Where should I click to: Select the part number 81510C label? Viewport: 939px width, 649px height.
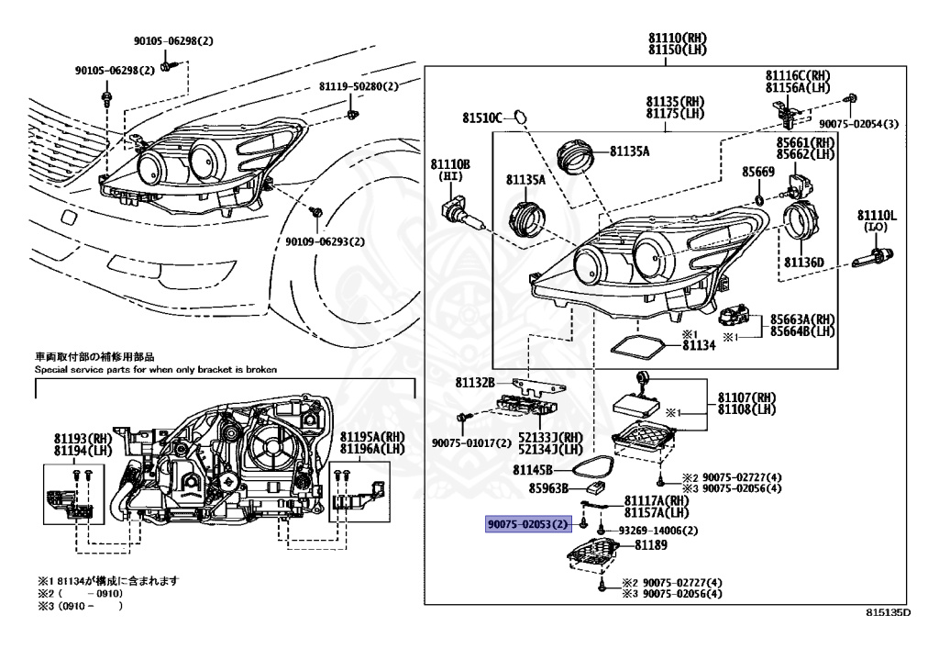pos(481,118)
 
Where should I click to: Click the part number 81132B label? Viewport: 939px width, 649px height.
pos(477,382)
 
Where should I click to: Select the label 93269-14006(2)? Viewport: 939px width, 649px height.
pos(657,531)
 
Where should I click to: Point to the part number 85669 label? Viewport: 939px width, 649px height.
pos(758,172)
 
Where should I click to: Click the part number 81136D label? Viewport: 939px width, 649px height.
pos(804,263)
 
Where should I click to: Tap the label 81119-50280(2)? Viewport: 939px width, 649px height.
pos(359,86)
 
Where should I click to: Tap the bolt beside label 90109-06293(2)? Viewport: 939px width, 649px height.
pos(316,212)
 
